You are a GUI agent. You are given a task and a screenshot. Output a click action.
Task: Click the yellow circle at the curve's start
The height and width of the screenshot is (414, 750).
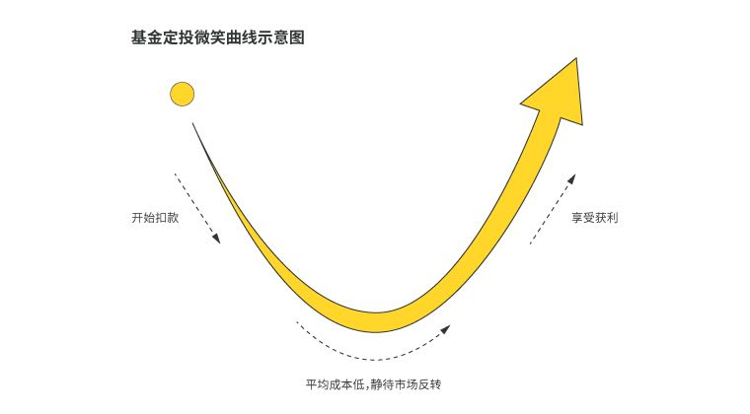pos(183,94)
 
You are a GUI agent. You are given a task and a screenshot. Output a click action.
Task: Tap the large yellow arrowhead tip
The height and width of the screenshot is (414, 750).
pos(576,58)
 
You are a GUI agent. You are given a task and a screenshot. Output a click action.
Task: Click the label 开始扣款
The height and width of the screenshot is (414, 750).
pos(155,218)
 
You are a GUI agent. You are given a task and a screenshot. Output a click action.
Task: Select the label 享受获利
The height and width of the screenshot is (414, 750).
pos(594,218)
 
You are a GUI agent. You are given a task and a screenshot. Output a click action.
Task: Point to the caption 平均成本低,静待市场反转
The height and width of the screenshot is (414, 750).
pos(374,384)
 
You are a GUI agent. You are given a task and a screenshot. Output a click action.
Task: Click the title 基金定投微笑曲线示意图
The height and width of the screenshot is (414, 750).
pos(218,37)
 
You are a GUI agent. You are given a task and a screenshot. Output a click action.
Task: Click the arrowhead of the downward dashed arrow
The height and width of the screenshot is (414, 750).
pos(217,239)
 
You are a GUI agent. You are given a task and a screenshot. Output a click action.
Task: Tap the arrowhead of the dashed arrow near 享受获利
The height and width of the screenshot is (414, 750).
pos(571,178)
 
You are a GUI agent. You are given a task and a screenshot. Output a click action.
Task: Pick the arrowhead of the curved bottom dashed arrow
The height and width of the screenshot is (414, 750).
pos(446,329)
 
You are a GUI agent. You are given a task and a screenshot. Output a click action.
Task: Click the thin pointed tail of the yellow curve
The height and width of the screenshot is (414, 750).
pos(193,123)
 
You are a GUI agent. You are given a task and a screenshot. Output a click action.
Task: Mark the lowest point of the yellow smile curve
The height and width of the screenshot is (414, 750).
pos(376,331)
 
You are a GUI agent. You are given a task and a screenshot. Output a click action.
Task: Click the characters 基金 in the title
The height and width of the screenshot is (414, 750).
pos(147,37)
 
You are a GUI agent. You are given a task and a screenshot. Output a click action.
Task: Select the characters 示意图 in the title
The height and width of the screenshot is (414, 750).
pos(281,37)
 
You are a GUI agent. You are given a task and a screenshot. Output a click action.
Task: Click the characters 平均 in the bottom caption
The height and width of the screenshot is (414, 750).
pos(318,384)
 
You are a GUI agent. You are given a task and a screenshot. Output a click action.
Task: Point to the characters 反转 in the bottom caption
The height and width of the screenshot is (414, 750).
pos(429,384)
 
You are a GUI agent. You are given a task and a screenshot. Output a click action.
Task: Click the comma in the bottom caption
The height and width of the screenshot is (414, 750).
pos(367,387)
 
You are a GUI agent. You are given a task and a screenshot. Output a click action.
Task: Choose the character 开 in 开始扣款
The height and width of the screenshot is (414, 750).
pos(137,218)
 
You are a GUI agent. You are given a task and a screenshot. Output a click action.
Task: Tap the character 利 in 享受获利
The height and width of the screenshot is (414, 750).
pos(613,218)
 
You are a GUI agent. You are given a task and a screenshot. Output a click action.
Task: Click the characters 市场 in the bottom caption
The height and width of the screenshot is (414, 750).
pos(407,384)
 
